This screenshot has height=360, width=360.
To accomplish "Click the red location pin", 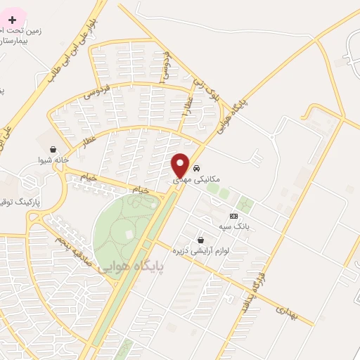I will click(x=181, y=165).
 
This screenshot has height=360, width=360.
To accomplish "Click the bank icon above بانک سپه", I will click(x=234, y=216).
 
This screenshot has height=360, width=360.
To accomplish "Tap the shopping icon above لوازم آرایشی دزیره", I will click(x=202, y=240).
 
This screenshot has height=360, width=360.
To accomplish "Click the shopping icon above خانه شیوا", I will click(x=53, y=148).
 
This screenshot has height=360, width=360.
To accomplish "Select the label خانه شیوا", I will click(x=53, y=160).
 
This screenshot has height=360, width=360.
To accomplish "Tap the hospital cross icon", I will click(x=12, y=19).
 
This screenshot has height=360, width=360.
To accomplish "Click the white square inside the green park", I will click(x=129, y=233).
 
